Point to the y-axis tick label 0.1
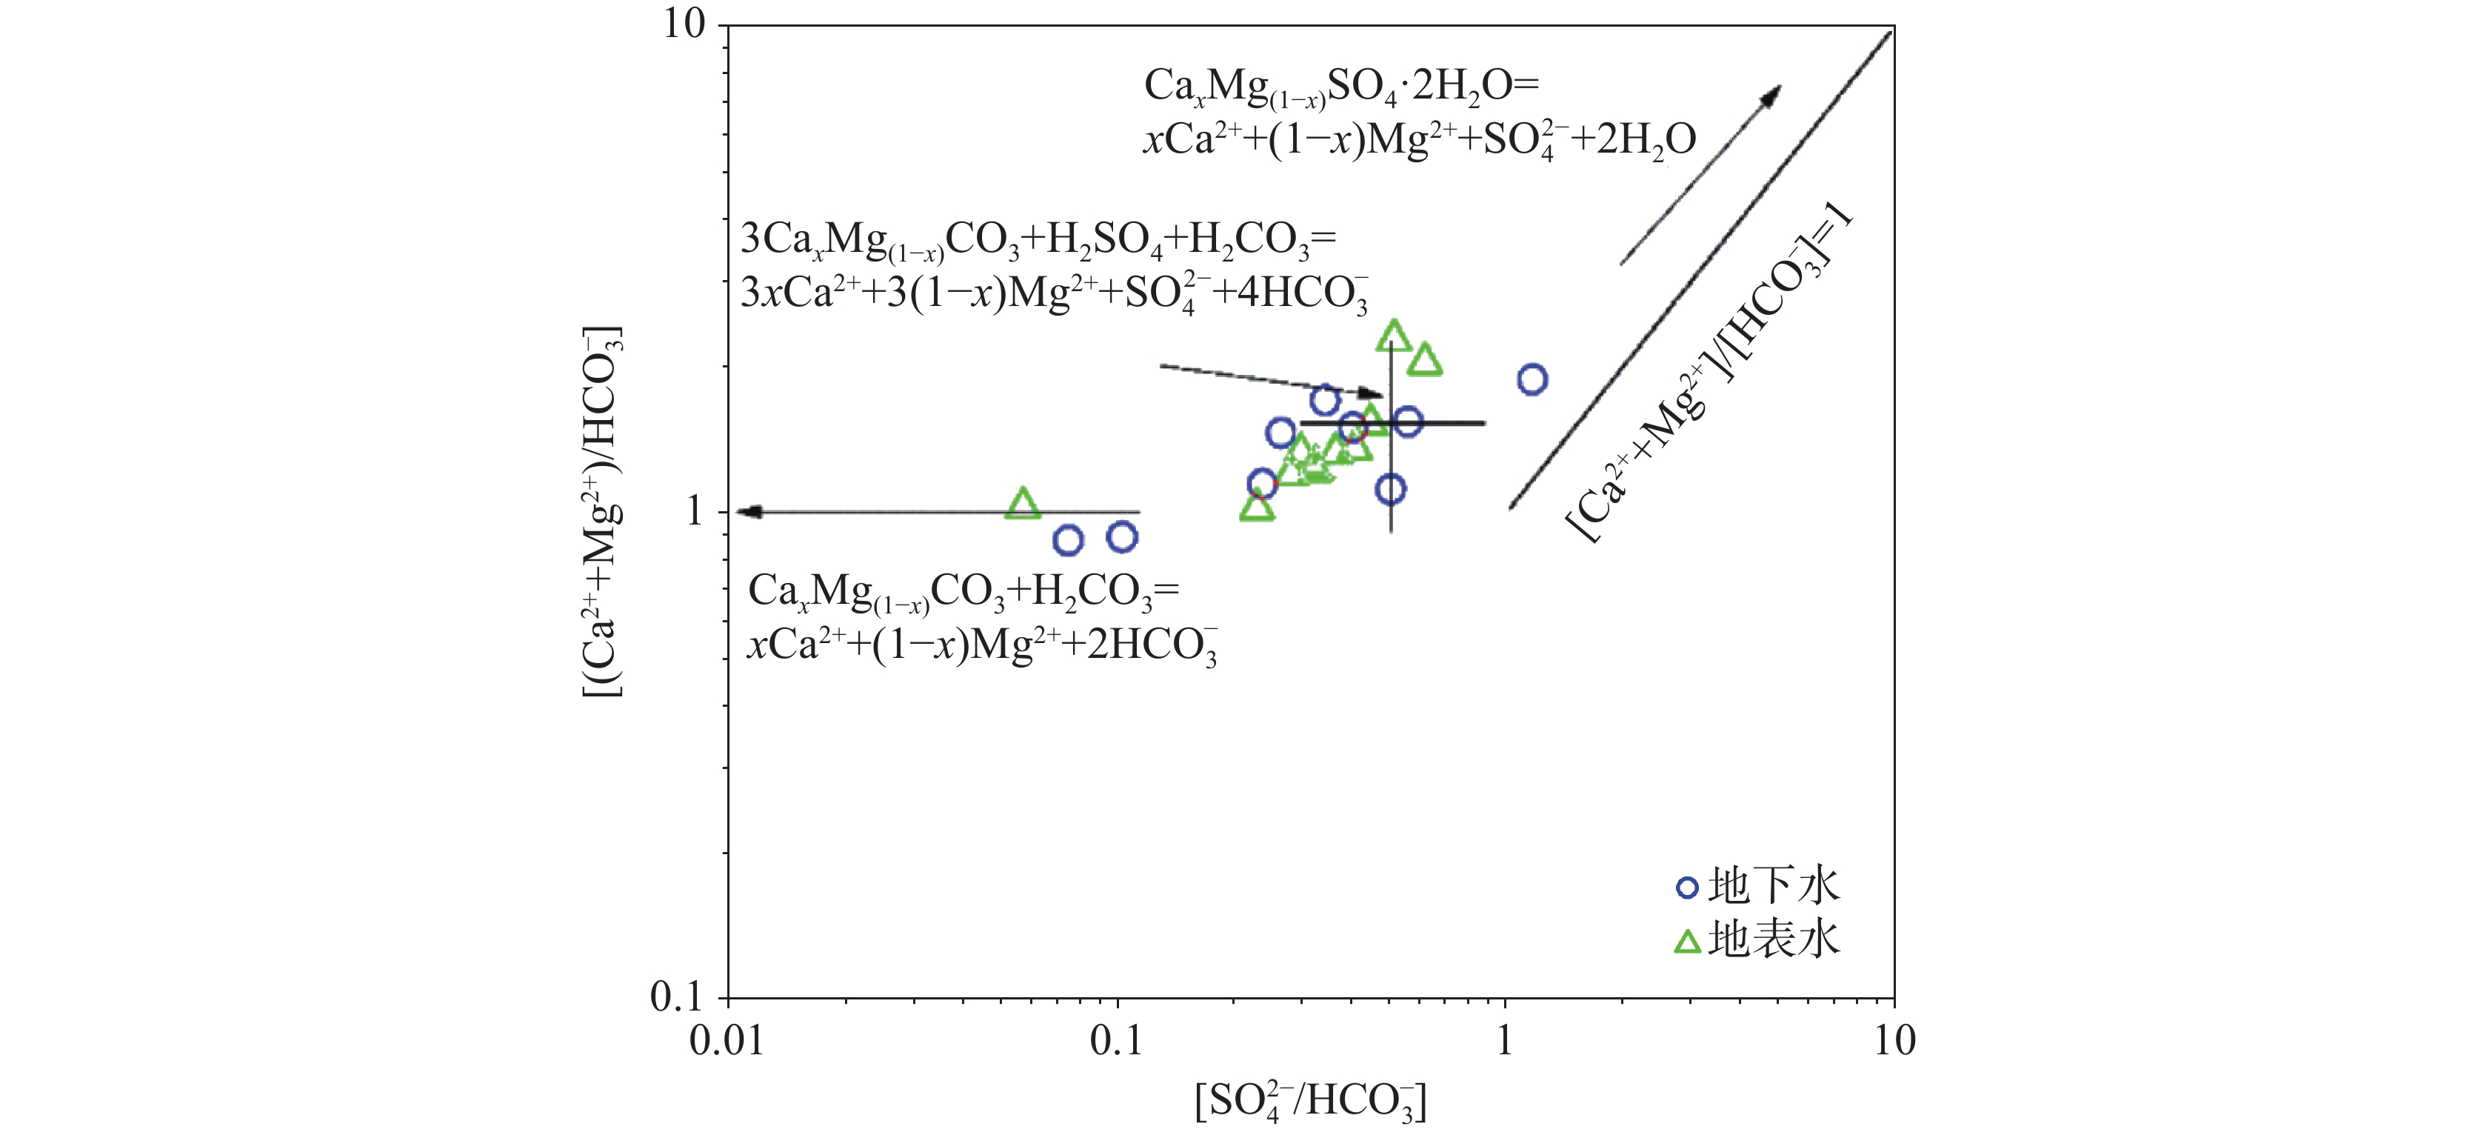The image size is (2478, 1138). coord(677,997)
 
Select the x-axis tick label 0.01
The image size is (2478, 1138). coord(727,1041)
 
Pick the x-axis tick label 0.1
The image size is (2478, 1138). coord(1117,1041)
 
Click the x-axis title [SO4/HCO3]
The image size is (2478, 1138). coord(1310,1102)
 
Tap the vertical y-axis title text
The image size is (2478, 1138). coord(603,510)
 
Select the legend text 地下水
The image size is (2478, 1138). coord(1773,886)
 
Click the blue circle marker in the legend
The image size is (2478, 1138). coord(1686,887)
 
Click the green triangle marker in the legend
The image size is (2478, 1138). coord(1687,941)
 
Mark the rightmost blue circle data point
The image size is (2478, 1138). coord(1532,380)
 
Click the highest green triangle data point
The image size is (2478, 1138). coord(1393,336)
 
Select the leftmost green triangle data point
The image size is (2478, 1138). coord(1023,503)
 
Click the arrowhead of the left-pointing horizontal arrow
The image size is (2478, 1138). coord(747,512)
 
